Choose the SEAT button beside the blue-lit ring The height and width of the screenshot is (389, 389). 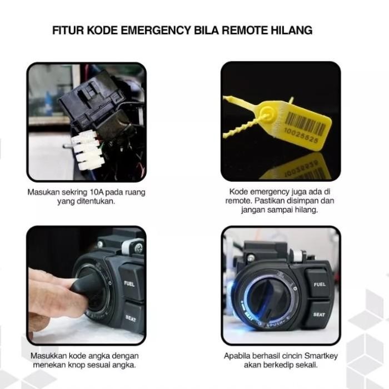319,315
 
